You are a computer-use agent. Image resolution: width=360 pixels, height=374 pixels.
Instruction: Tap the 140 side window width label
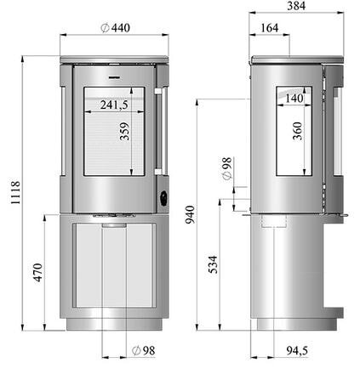pos(294,99)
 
